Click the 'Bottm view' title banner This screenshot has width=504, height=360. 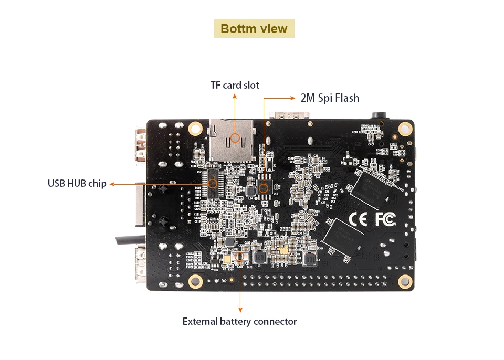(254, 28)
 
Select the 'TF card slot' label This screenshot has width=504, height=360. (235, 85)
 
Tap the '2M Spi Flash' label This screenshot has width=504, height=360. (330, 98)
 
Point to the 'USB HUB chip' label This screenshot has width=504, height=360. (77, 184)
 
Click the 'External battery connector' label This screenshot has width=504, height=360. (239, 321)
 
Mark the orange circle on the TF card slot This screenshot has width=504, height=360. (235, 138)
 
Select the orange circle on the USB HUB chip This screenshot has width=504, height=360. (213, 184)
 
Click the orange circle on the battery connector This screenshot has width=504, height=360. (240, 257)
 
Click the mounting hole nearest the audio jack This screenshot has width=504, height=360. (405, 128)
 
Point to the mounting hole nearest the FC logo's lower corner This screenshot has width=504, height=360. (405, 281)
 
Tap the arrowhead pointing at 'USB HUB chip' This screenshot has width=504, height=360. (112, 184)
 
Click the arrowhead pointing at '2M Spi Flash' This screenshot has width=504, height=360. (293, 98)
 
